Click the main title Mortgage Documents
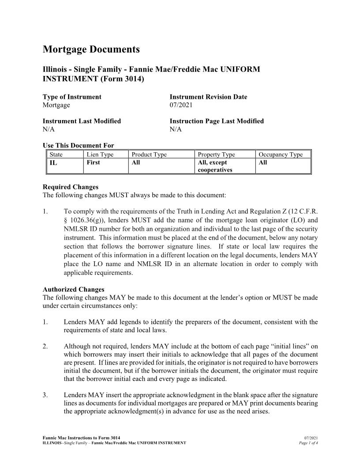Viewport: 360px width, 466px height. point(91,49)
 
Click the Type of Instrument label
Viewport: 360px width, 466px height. point(72,97)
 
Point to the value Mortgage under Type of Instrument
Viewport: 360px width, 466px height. point(56,105)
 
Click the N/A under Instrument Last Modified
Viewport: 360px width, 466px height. point(49,129)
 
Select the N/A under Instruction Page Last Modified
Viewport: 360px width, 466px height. point(176,129)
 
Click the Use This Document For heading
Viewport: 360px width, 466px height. point(78,146)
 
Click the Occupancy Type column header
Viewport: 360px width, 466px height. point(281,154)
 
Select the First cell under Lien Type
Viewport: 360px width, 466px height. point(94,162)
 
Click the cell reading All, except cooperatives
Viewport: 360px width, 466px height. point(214,166)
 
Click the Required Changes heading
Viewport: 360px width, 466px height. point(71,187)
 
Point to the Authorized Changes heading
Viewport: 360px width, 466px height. point(73,289)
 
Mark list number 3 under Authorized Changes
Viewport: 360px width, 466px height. point(45,395)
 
